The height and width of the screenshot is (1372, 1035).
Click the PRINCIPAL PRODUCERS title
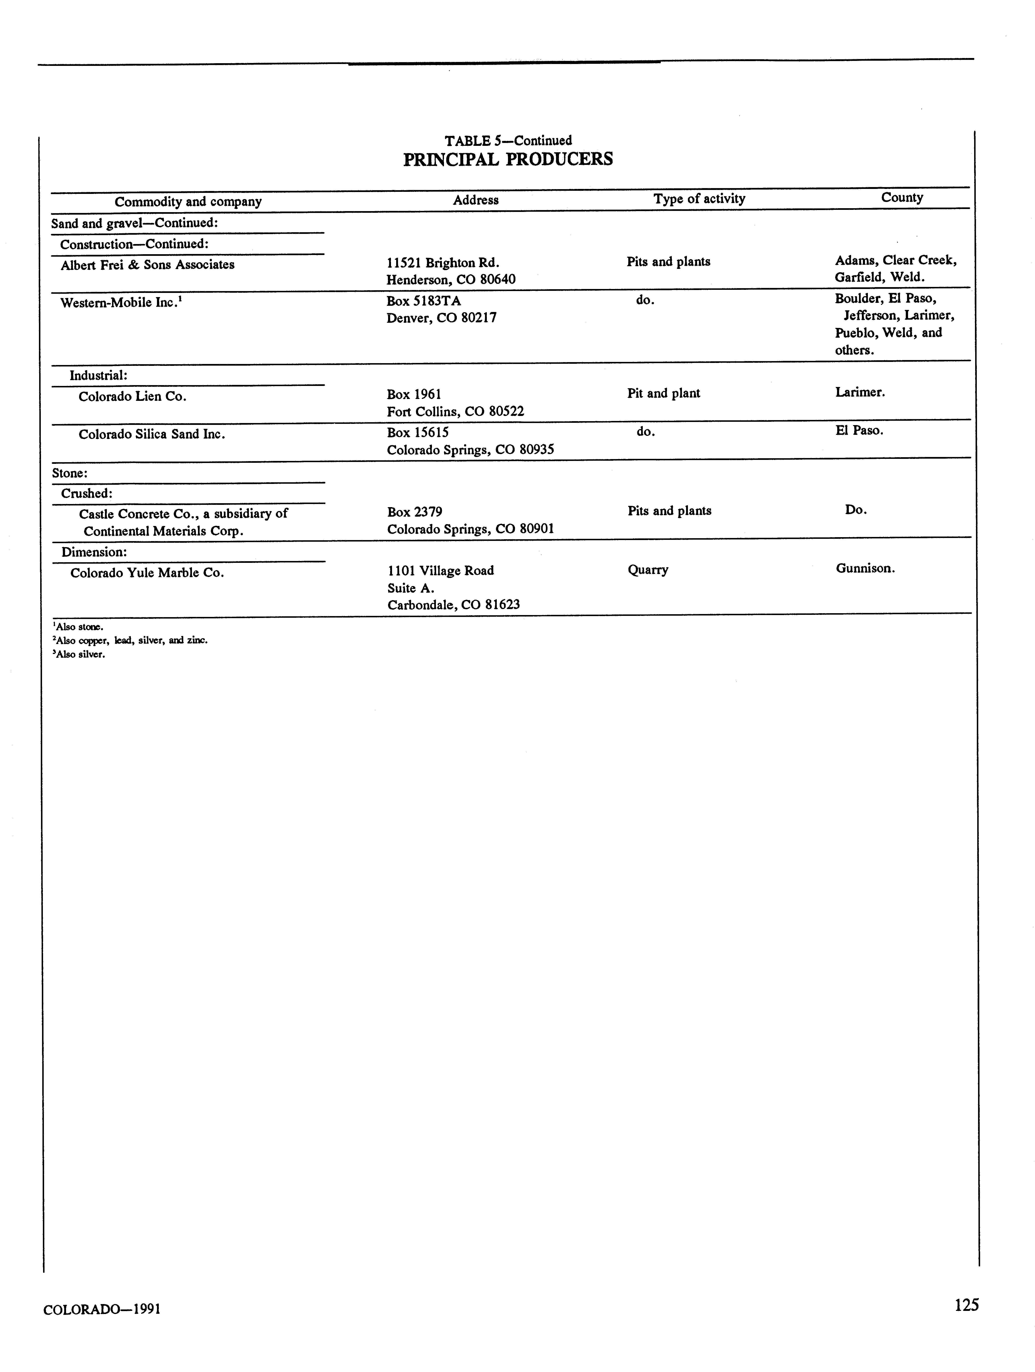508,159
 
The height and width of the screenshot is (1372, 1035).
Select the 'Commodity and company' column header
188,202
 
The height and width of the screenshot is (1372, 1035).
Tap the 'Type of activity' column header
699,198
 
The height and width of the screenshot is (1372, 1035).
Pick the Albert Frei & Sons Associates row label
148,265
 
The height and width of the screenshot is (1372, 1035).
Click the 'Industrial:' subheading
98,375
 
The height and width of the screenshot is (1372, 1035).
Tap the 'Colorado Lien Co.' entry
132,396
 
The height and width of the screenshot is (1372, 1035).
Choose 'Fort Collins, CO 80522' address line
455,411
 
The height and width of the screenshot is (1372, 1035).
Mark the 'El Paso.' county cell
859,430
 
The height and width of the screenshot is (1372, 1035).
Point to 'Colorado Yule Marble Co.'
147,573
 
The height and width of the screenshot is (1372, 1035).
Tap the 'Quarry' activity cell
647,569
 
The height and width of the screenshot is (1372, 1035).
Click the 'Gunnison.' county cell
865,568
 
